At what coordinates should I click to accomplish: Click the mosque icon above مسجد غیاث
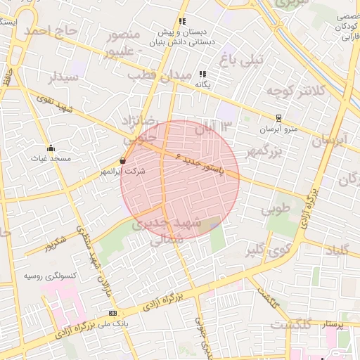[51, 148]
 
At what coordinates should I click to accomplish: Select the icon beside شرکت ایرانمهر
[123, 160]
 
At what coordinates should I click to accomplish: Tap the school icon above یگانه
[203, 74]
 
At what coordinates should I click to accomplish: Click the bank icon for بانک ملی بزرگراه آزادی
[112, 313]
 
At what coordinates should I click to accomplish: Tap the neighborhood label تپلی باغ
[240, 60]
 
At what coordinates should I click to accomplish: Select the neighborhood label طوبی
[276, 210]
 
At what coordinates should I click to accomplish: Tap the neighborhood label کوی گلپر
[269, 249]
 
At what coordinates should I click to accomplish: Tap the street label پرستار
[333, 324]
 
